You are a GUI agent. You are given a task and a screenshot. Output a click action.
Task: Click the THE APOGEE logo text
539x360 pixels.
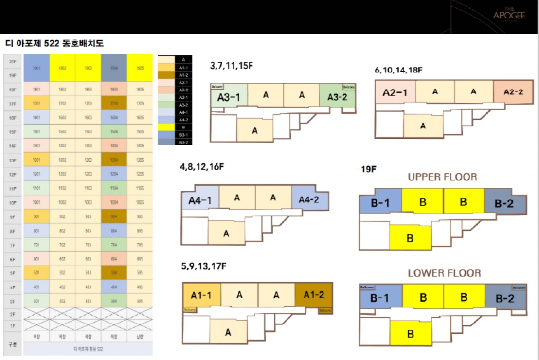[x=509, y=15]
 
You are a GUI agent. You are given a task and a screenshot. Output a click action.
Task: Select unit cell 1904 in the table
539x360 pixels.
[x=114, y=69]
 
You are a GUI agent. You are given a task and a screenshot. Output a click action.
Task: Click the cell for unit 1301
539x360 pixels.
[x=36, y=160]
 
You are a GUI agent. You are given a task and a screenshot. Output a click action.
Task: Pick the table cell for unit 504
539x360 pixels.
[x=114, y=273]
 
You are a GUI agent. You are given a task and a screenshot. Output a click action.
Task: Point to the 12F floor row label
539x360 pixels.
[x=13, y=174]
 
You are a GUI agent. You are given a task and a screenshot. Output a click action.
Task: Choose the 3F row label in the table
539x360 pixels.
[x=13, y=301]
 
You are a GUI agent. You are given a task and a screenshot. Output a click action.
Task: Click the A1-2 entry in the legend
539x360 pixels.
[x=183, y=75]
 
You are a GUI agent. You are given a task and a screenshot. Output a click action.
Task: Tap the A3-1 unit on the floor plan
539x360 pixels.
[x=229, y=97]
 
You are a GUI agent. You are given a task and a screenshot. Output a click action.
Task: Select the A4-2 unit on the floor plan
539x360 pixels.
[x=309, y=199]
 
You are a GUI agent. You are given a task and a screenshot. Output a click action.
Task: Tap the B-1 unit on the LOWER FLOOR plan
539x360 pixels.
[x=380, y=298]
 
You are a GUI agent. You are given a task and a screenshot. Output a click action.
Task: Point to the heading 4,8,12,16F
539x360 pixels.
[x=201, y=167]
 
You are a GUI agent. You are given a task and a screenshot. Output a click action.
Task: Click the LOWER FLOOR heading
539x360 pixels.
[x=444, y=273]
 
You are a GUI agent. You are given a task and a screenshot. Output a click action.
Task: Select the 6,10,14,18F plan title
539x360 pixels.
[x=398, y=70]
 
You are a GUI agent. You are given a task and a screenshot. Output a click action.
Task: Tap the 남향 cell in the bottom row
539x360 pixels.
[x=140, y=336]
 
